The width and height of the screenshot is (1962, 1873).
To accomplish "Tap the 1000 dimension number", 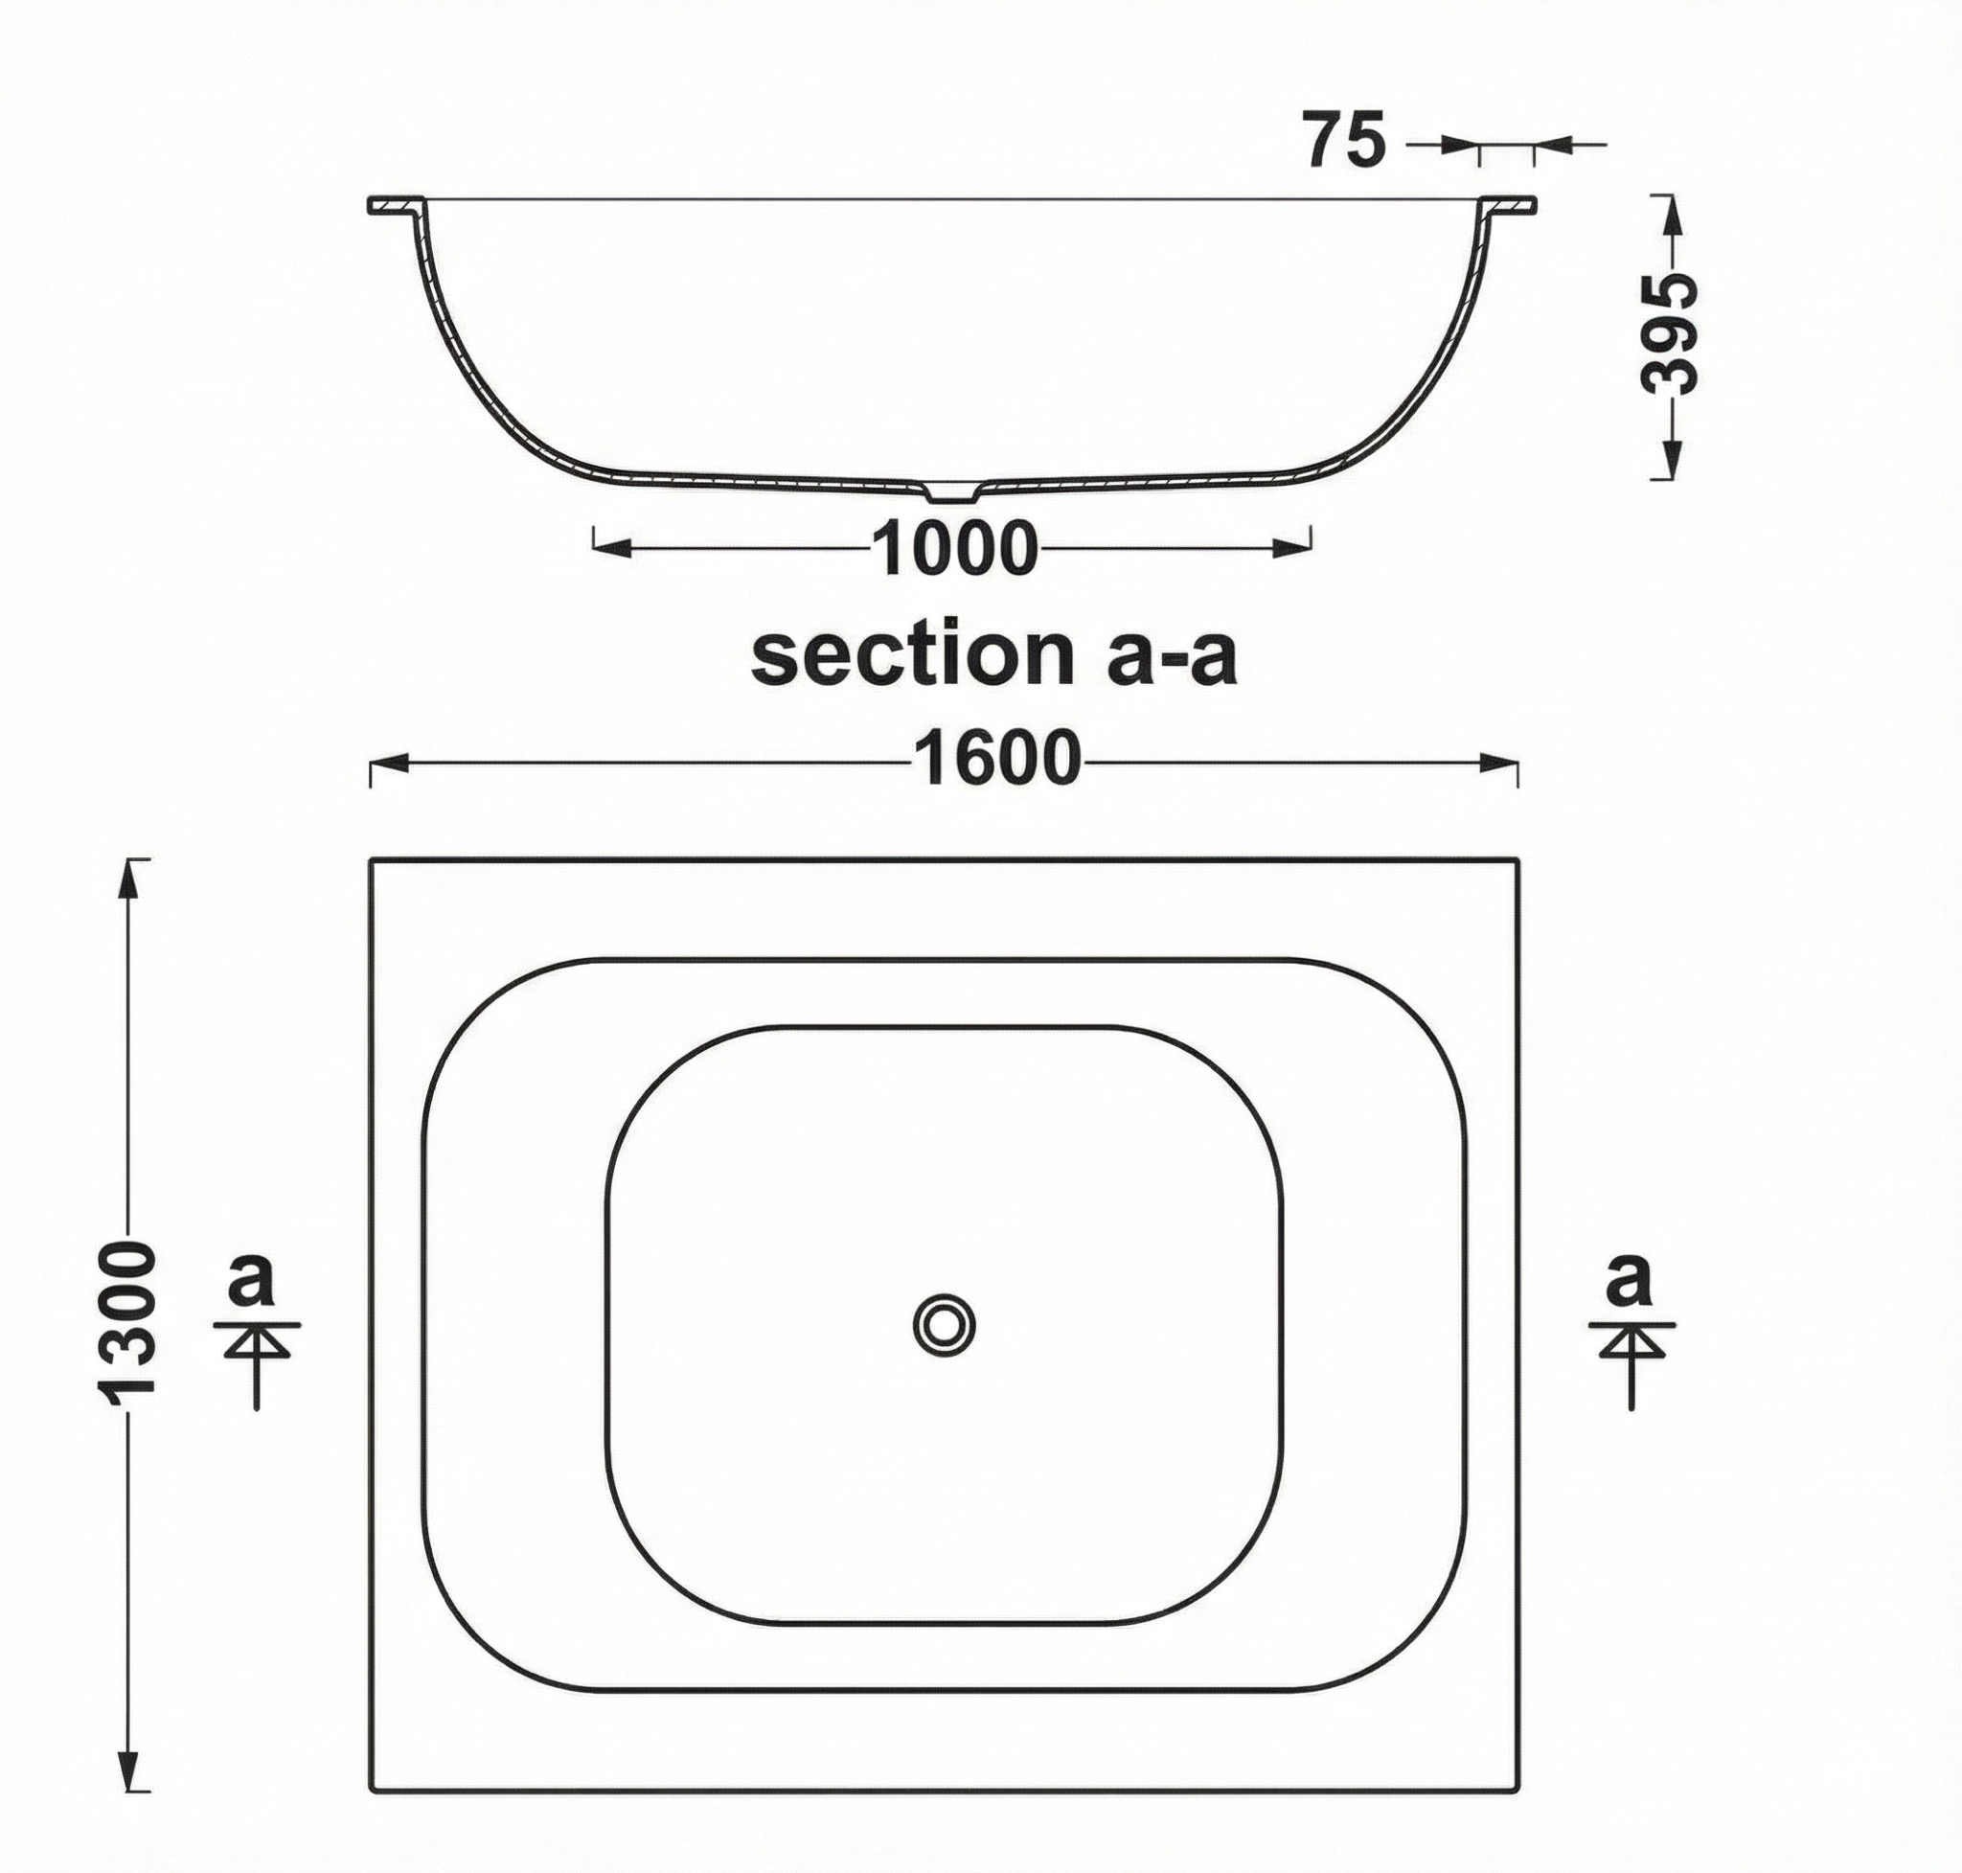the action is click(954, 548).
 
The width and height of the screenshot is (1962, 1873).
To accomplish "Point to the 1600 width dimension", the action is click(996, 760).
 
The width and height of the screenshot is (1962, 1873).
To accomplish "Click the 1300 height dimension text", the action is click(127, 1324).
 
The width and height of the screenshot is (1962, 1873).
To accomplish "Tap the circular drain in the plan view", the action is click(944, 1325).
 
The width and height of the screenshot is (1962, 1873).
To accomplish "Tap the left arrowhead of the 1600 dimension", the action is click(389, 764).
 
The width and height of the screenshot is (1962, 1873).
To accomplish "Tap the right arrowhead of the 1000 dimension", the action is click(1291, 547).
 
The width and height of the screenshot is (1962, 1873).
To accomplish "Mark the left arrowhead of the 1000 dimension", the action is click(613, 547).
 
